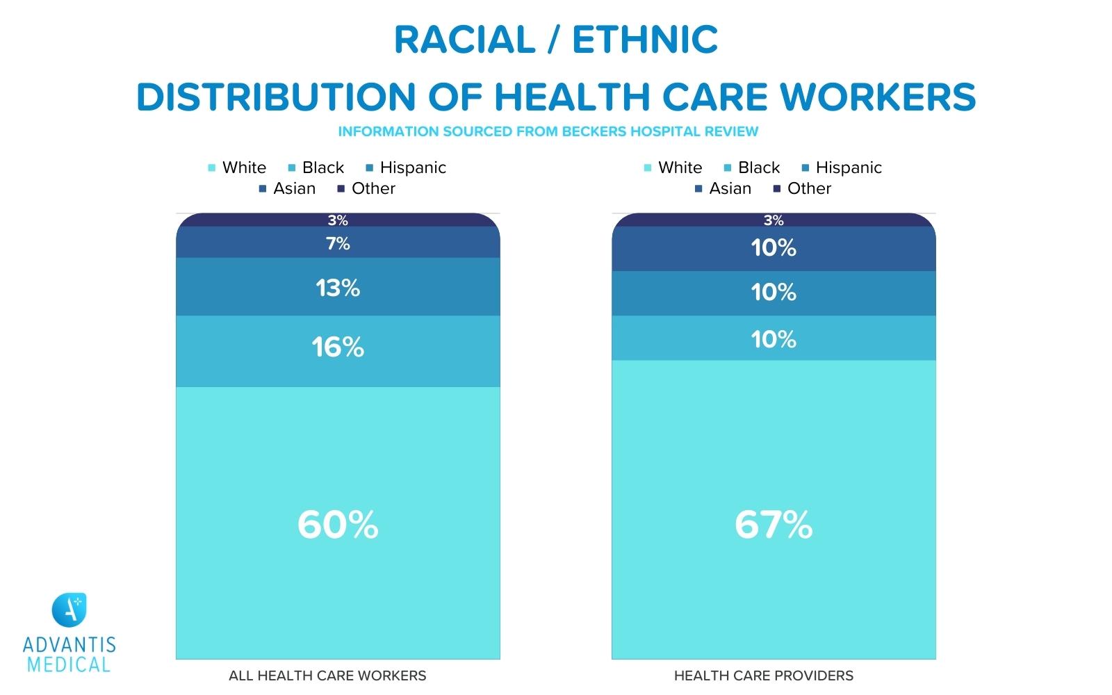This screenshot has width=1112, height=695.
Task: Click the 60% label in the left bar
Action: [x=338, y=525]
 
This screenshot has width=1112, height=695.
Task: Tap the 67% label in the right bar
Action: [x=774, y=525]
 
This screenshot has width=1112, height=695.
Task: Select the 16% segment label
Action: [x=338, y=347]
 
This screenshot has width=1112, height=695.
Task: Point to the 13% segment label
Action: [x=338, y=288]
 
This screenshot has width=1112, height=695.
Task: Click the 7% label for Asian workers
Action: [x=338, y=243]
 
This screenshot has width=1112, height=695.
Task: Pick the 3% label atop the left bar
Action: [x=338, y=220]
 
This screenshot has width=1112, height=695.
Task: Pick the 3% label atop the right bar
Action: [x=774, y=220]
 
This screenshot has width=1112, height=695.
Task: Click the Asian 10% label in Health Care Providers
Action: [x=774, y=248]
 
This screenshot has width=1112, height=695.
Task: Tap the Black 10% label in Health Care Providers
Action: [x=774, y=339]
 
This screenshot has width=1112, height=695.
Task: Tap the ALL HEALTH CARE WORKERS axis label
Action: [x=327, y=676]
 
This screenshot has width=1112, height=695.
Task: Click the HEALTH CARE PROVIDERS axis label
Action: [x=763, y=676]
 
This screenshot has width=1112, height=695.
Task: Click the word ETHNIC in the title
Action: [x=645, y=40]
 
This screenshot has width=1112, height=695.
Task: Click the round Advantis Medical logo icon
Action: [x=69, y=610]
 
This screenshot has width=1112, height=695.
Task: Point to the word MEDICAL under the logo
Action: [x=69, y=664]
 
